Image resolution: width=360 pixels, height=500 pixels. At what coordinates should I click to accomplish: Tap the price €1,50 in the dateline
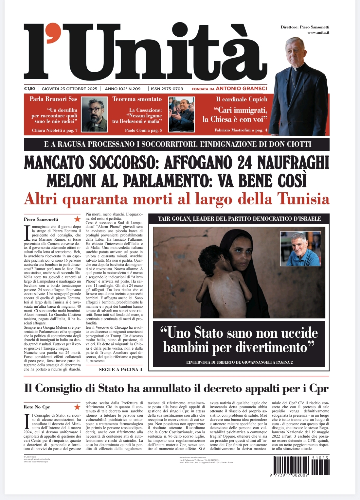click(29, 89)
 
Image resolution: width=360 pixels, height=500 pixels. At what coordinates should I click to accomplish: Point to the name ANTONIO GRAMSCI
click(241, 88)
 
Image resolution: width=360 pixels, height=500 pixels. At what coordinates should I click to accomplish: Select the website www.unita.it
click(318, 32)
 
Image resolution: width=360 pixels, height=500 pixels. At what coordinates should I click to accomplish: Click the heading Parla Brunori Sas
click(53, 99)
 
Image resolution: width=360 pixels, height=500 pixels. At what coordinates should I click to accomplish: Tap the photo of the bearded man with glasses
click(94, 114)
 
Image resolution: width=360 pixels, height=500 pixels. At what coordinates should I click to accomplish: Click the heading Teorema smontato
click(137, 99)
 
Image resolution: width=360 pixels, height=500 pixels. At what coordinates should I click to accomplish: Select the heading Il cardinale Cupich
click(242, 99)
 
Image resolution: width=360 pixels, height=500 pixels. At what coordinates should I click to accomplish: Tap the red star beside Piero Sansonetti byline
click(77, 219)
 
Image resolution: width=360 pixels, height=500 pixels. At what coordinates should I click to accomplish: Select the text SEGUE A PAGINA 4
click(120, 370)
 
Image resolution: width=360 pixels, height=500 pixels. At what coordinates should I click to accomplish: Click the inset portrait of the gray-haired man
click(300, 249)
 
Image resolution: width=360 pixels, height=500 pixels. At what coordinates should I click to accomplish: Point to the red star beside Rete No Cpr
click(77, 407)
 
